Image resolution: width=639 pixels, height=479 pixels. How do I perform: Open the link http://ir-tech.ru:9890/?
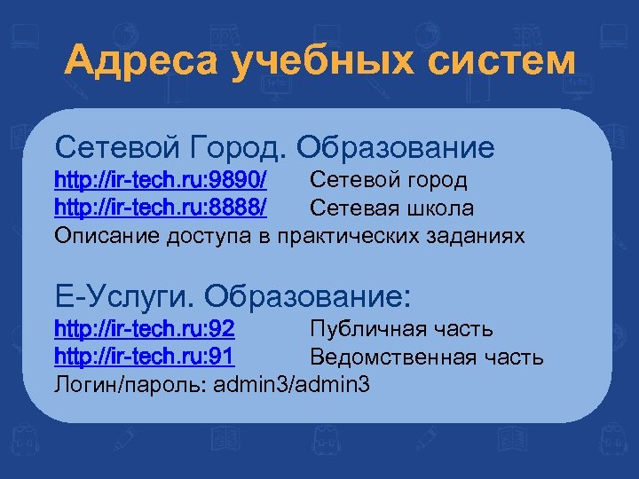tap(161, 180)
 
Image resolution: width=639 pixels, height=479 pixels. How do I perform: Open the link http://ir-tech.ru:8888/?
tap(161, 208)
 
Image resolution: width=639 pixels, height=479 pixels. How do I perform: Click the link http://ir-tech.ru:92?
tap(145, 329)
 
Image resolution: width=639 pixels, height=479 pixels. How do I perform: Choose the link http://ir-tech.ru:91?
tap(145, 357)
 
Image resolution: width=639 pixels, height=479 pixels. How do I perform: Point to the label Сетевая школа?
tap(391, 208)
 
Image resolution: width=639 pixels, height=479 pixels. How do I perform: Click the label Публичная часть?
tap(401, 330)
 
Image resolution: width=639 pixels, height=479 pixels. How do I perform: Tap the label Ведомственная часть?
tap(426, 357)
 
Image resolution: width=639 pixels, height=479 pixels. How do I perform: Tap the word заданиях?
tap(478, 236)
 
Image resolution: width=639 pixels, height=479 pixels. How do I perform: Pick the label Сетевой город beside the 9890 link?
tap(388, 181)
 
